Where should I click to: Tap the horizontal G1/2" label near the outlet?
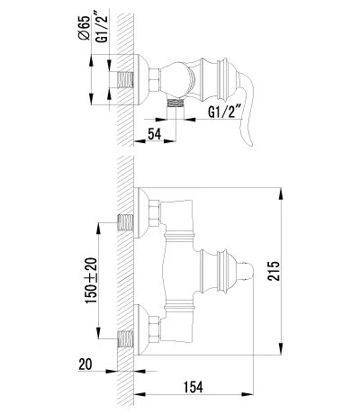(x=226, y=112)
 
